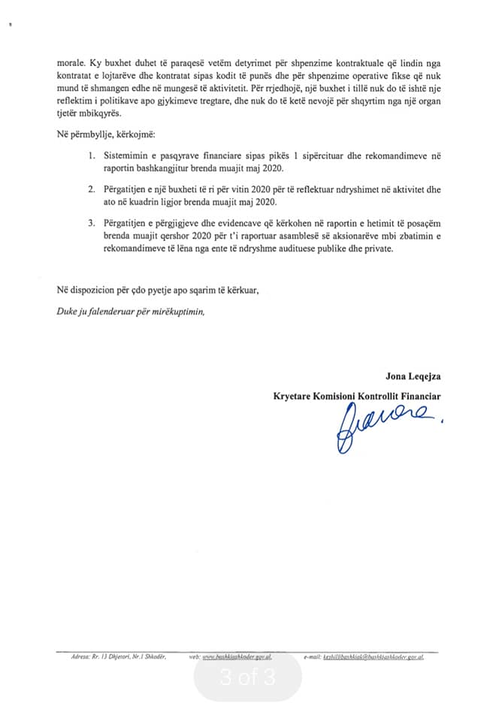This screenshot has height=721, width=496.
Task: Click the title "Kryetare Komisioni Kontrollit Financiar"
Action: [x=357, y=396]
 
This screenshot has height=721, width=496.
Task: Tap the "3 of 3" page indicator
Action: [x=248, y=678]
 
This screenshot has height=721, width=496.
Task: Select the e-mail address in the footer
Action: [x=374, y=656]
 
